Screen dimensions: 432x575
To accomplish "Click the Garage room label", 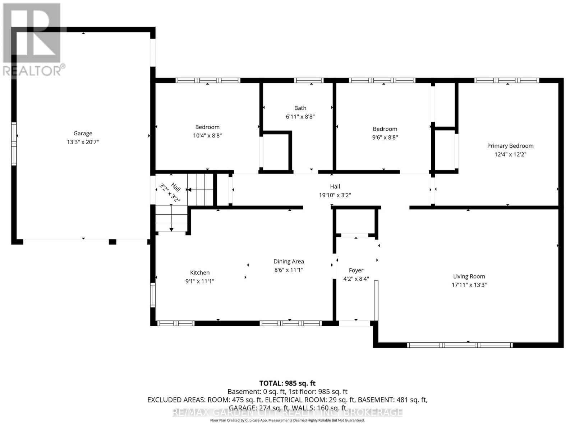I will [83, 133].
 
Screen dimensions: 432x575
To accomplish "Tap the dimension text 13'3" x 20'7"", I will [83, 142].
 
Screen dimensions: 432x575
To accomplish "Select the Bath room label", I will [300, 108].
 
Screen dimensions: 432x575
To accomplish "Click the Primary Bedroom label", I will [510, 146].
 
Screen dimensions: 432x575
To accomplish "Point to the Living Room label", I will [469, 276].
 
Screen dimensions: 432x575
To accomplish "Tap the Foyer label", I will [356, 270].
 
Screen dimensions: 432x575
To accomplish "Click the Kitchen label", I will [199, 273].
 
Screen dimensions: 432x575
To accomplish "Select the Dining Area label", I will [289, 261].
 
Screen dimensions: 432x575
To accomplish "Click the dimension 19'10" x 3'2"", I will [335, 195].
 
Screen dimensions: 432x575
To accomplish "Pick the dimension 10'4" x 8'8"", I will [207, 136].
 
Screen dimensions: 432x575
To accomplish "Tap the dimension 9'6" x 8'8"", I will [385, 137].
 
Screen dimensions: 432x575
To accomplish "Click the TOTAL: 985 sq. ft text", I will [287, 383].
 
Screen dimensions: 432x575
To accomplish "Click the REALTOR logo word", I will [34, 71].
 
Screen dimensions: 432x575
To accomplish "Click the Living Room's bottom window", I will [460, 345].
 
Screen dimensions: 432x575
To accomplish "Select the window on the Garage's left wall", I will [14, 144].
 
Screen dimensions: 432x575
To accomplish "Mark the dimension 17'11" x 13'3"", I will [469, 285].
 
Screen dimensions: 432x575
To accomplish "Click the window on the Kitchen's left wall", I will [153, 295].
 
